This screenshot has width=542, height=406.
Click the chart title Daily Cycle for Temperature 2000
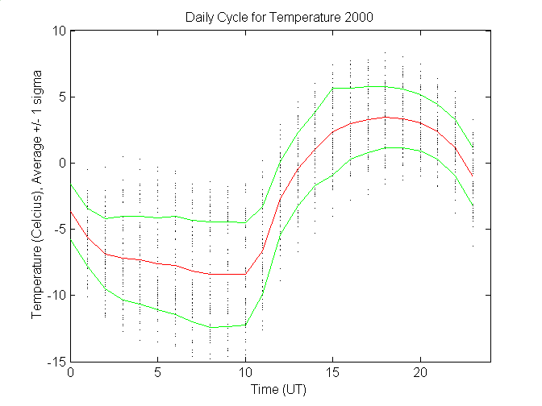[280, 17]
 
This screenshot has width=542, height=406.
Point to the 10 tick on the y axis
[59, 31]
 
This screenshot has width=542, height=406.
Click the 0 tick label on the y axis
[61, 163]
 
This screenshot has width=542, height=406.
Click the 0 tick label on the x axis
[71, 374]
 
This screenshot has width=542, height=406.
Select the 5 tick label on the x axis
[158, 374]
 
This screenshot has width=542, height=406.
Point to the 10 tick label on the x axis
[245, 374]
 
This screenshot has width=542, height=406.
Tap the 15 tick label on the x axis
[332, 374]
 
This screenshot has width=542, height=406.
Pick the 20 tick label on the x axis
[419, 374]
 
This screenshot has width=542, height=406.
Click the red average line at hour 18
[385, 117]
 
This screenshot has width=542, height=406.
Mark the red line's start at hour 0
[71, 212]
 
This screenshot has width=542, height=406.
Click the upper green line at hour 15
[332, 88]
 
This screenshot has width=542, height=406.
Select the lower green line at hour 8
[211, 327]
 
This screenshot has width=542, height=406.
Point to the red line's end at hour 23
[472, 175]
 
